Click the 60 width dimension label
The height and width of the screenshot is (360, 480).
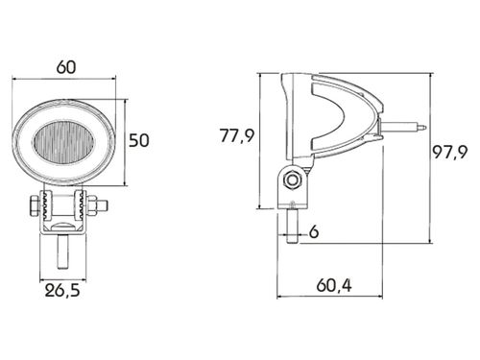(66, 67)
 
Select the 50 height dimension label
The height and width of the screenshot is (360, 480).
(139, 140)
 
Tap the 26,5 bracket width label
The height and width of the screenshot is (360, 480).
(62, 291)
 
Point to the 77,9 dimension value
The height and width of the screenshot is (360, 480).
(237, 135)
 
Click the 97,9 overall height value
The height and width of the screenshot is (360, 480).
(450, 152)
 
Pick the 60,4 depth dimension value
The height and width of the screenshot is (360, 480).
(334, 285)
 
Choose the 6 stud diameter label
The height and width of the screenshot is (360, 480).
(314, 231)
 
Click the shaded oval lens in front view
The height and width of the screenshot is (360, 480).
(64, 141)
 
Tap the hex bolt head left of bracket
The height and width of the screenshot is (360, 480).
(34, 206)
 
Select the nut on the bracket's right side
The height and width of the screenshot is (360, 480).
(92, 205)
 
